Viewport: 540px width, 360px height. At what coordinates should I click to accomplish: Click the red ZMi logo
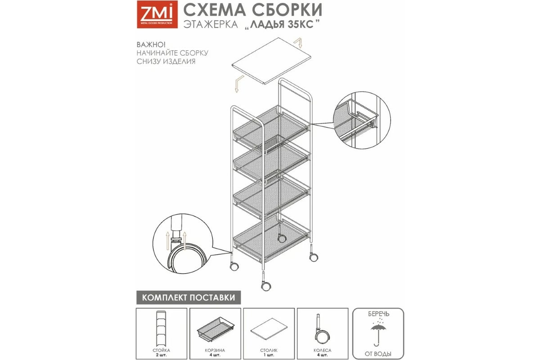click(x=157, y=14)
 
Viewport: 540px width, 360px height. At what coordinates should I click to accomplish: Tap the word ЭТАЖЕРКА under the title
click(x=211, y=25)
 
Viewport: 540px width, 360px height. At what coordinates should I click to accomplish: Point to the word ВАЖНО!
click(x=151, y=45)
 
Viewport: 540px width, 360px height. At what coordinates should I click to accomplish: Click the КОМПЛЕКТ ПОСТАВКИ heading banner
click(x=189, y=297)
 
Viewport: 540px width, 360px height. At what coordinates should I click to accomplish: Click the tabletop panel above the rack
click(x=271, y=61)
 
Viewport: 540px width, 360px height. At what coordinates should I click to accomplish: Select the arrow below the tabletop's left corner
click(x=239, y=84)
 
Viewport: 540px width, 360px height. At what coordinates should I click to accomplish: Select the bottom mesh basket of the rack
click(x=271, y=241)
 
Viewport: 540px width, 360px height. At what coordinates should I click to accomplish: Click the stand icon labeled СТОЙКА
click(x=162, y=328)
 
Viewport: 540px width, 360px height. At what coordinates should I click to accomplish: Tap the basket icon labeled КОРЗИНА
click(x=215, y=329)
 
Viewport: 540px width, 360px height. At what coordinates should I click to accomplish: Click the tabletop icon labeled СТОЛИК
click(x=269, y=328)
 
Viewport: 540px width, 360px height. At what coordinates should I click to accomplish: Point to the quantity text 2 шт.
click(x=161, y=355)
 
